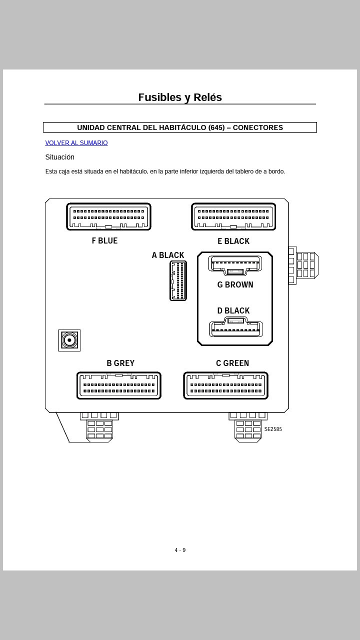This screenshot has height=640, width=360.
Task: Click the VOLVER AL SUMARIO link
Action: point(76,143)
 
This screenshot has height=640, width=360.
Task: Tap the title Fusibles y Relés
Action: point(180,97)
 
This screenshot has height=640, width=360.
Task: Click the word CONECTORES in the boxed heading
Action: point(257,127)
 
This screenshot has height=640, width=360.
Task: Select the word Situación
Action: point(59,157)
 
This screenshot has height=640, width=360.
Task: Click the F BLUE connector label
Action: point(104,241)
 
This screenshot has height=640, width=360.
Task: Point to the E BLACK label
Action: point(233,241)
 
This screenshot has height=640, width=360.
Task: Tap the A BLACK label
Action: point(168,255)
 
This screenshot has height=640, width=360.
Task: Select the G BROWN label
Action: point(235,285)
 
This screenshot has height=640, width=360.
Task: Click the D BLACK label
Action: point(233,311)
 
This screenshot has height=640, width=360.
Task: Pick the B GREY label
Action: point(120,363)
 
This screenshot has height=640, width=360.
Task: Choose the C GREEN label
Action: point(232,363)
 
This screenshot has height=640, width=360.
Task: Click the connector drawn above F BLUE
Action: point(108,216)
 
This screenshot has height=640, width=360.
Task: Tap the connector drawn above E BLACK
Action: point(233,216)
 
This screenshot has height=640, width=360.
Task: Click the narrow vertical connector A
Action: point(178,280)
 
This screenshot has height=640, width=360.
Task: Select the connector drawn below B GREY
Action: point(119,385)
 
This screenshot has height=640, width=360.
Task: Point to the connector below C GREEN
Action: point(225,385)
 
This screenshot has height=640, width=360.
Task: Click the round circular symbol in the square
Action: point(69,340)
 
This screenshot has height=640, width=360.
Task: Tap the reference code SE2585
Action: point(273,429)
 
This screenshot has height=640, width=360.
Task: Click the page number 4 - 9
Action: point(180,550)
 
